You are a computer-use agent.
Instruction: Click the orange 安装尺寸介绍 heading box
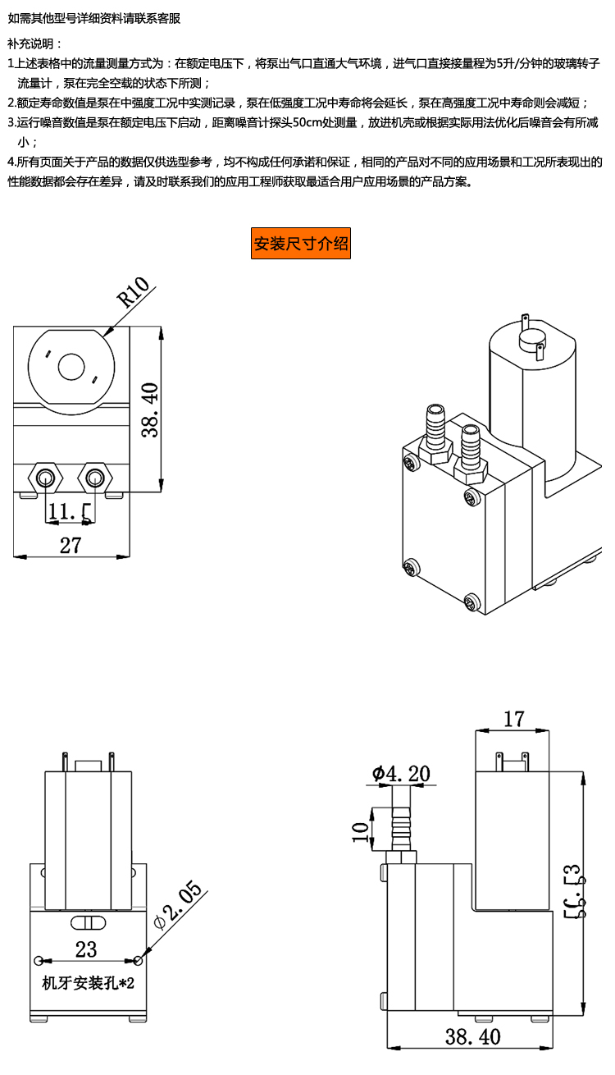pyautogui.click(x=301, y=244)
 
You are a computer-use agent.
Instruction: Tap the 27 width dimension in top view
pyautogui.click(x=71, y=545)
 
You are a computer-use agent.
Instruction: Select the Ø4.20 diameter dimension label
pyautogui.click(x=400, y=773)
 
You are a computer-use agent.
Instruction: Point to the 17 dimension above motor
pyautogui.click(x=513, y=720)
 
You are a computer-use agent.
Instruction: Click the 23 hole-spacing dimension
pyautogui.click(x=86, y=949)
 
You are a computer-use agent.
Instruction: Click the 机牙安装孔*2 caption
pyautogui.click(x=88, y=983)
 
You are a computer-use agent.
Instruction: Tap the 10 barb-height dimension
pyautogui.click(x=359, y=831)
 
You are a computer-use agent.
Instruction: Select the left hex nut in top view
pyautogui.click(x=45, y=476)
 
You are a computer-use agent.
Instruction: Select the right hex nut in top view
pyautogui.click(x=96, y=476)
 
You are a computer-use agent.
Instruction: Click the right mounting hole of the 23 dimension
pyautogui.click(x=137, y=960)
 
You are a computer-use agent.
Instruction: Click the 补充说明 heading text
pyautogui.click(x=34, y=43)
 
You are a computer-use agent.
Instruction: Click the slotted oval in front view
pyautogui.click(x=88, y=920)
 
